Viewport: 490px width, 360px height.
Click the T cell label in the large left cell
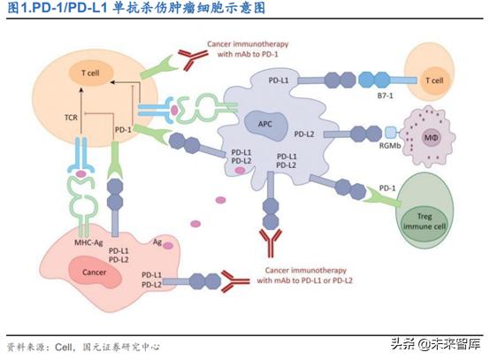pyautogui.click(x=84, y=76)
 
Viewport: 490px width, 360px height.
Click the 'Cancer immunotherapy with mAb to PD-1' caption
pyautogui.click(x=246, y=50)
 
